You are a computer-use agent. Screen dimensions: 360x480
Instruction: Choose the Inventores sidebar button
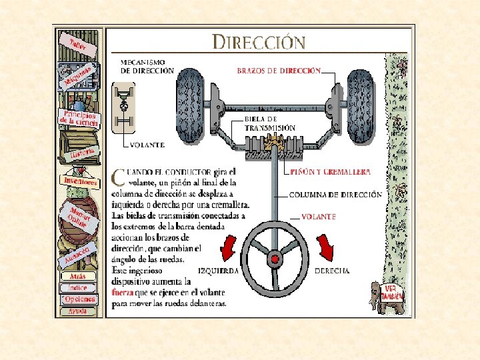point(79,181)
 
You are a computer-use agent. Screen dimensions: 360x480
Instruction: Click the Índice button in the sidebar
point(78,287)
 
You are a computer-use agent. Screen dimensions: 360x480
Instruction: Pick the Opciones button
point(80,299)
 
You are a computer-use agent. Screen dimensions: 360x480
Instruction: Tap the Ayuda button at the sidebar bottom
point(79,311)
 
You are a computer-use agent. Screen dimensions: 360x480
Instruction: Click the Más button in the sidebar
point(78,276)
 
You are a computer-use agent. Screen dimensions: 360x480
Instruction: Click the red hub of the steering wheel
point(273,258)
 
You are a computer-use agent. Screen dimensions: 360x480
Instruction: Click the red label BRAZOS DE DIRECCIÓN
point(279,70)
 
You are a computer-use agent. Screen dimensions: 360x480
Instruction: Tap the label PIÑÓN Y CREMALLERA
point(331,171)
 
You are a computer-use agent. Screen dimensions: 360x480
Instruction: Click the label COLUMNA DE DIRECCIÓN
point(335,195)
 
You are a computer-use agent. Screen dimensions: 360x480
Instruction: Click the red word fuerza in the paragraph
point(124,293)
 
